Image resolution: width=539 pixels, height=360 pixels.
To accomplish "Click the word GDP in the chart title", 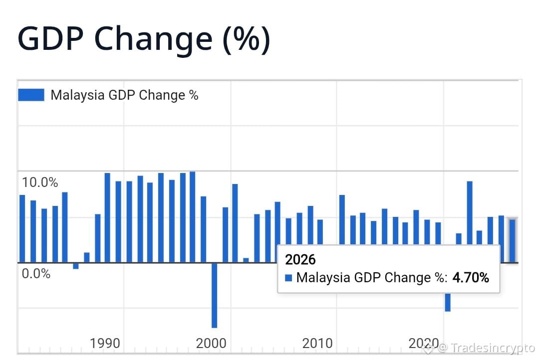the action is tap(50, 38).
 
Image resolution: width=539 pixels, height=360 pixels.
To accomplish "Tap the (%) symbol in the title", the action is tap(246, 39).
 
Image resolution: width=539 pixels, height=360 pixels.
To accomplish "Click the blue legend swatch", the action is tap(31, 95).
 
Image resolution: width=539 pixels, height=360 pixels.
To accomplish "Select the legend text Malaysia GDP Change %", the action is tap(124, 95).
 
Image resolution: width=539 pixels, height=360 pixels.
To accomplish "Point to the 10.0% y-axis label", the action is tap(40, 182).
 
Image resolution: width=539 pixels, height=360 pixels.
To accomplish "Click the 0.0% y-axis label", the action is tap(36, 274).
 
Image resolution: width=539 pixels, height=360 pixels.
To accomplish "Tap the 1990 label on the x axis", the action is tap(105, 343).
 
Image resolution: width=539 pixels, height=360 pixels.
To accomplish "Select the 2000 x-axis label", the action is tap(211, 343).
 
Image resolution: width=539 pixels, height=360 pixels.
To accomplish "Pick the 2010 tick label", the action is tap(317, 343).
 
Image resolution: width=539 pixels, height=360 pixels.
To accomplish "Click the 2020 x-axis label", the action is tap(424, 343).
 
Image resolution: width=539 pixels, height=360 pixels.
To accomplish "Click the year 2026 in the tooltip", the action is tap(300, 260).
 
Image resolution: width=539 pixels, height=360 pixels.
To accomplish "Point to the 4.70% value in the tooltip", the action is tap(471, 278).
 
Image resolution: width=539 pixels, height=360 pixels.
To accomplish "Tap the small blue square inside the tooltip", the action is tap(288, 278).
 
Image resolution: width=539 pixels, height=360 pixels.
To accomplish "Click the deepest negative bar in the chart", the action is tap(214, 295).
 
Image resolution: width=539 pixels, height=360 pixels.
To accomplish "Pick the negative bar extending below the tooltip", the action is tap(448, 302).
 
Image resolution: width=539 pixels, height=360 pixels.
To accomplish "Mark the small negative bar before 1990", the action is tap(76, 266).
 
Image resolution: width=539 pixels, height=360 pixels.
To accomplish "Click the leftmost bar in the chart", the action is tap(22, 229).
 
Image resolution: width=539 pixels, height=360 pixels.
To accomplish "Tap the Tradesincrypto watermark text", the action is tap(492, 348).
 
